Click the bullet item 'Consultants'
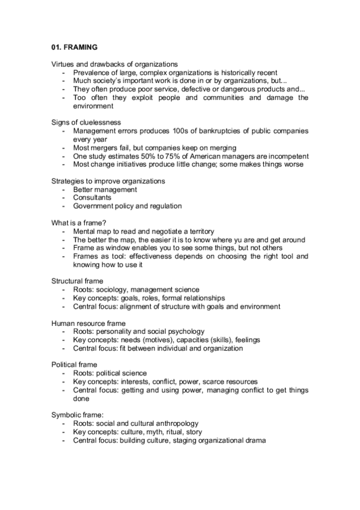click(92, 197)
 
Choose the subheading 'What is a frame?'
click(79, 223)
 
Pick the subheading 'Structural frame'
click(77, 281)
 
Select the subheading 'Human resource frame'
click(88, 323)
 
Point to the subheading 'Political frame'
click(74, 364)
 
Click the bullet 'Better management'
click(105, 189)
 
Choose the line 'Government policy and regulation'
click(127, 206)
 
